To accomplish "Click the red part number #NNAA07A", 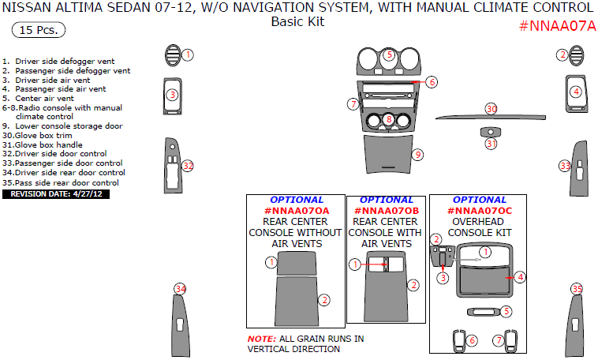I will pos(557,25).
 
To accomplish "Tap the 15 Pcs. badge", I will pos(39,31).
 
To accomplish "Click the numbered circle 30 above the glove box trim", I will pos(491,109).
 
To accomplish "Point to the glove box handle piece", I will pos(490,132).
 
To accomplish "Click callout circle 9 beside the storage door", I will pos(418,155).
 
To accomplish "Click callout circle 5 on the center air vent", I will pos(390,55).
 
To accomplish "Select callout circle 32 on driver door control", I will pos(188,166).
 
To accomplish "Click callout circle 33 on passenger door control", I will pos(565,166).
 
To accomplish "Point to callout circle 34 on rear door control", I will pos(180,289).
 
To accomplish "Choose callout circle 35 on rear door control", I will pos(577,289).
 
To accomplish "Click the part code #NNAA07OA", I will pos(296,212).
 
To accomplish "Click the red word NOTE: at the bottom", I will pos(261,339).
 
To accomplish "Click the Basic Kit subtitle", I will pos(297,22).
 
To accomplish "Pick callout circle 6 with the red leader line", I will pos(432,82).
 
